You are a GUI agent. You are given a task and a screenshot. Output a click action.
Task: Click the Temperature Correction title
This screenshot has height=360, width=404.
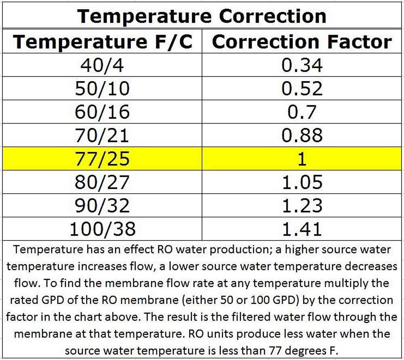tap(202, 16)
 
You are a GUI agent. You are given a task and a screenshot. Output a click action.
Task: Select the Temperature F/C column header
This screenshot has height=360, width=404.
tap(103, 42)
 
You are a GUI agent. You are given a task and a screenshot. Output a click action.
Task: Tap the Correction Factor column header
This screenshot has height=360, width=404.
tap(302, 42)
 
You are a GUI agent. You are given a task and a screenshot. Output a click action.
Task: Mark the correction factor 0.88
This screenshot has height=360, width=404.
tap(302, 135)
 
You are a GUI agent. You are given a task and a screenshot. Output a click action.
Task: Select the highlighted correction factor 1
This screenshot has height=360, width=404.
tap(302, 159)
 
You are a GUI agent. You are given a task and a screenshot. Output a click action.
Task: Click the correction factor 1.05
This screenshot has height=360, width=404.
tap(302, 182)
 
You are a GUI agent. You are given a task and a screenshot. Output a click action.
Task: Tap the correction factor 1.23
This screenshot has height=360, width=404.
tap(302, 205)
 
